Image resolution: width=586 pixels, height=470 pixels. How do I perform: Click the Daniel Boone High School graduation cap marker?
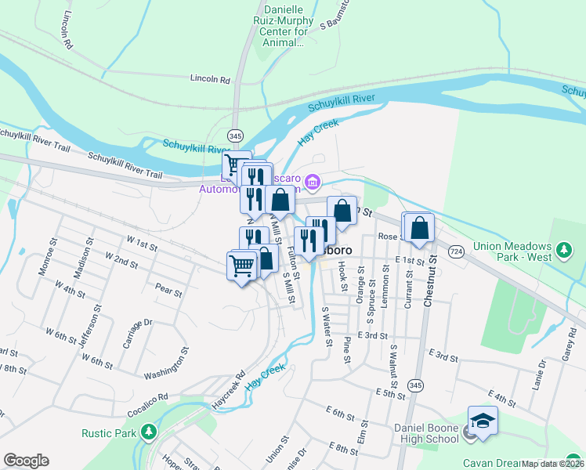483,421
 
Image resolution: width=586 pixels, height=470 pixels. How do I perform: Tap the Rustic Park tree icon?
148,432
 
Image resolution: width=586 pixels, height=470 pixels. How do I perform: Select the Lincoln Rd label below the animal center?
210,79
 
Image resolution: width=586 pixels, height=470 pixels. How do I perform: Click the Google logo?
26,461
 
